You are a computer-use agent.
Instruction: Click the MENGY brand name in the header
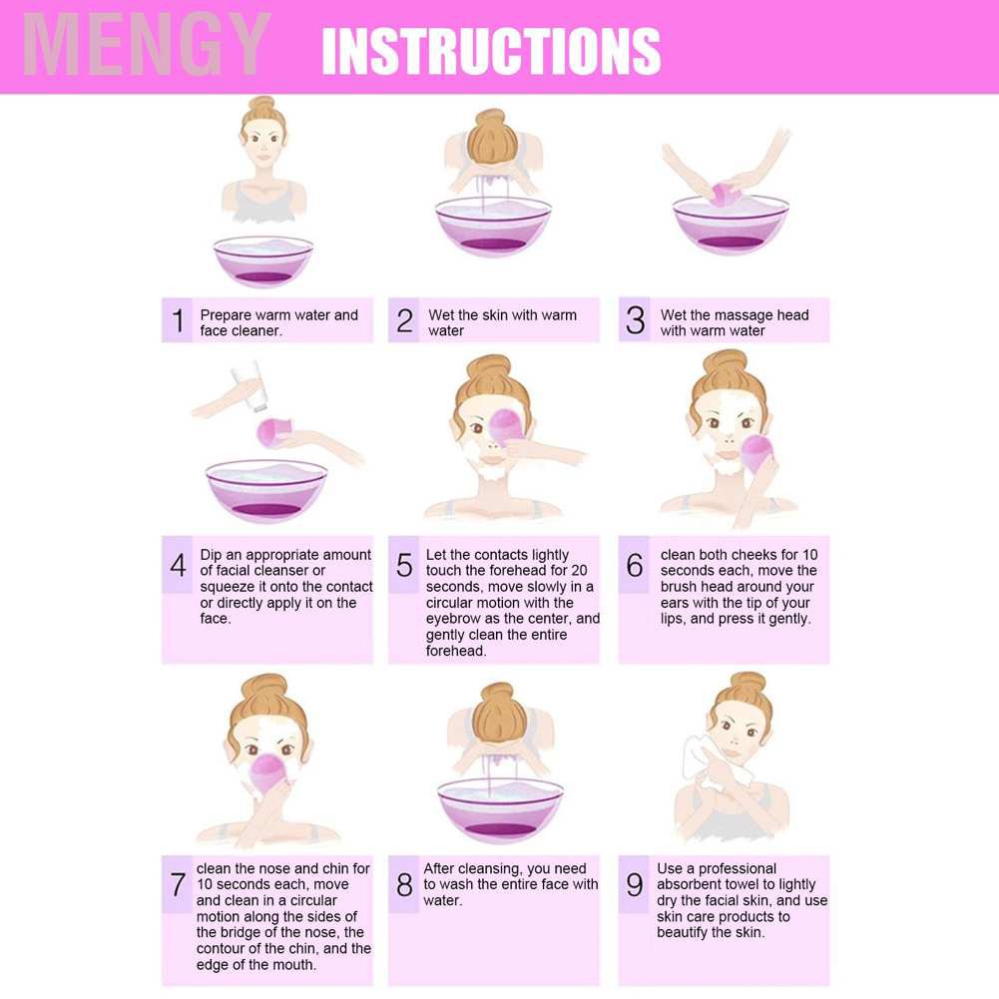click(x=147, y=44)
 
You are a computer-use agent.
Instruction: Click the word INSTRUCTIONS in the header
click(x=491, y=51)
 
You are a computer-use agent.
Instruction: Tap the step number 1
click(x=178, y=320)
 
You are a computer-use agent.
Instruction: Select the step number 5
click(x=404, y=565)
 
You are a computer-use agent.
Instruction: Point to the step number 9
click(x=635, y=884)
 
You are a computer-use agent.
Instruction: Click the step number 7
click(x=178, y=884)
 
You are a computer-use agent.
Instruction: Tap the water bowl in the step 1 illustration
click(x=263, y=261)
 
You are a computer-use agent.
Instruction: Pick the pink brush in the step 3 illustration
click(x=724, y=194)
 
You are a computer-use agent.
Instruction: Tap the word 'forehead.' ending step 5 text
click(x=456, y=651)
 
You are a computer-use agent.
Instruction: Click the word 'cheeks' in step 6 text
click(x=740, y=554)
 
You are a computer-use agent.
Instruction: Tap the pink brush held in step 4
click(x=273, y=432)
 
